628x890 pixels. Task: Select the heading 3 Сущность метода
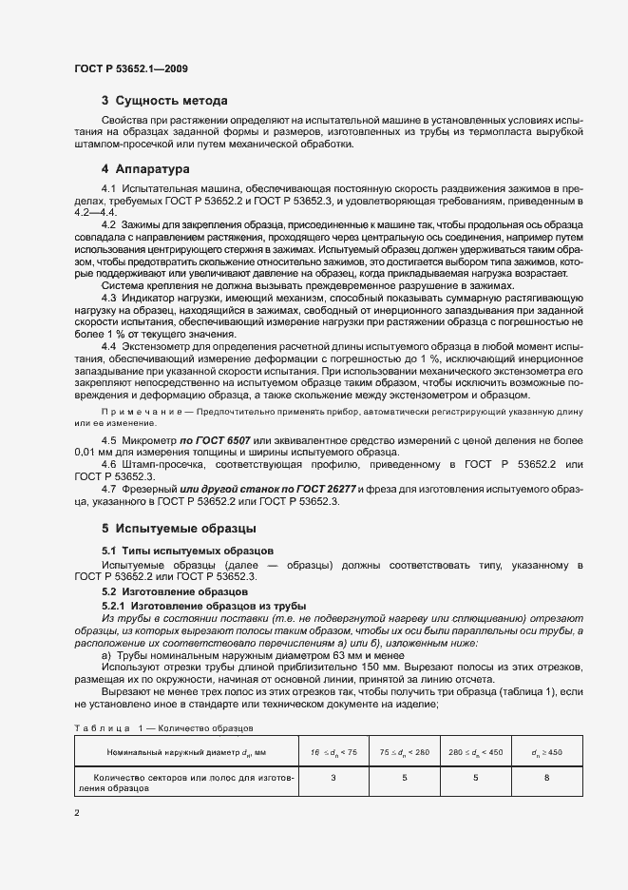click(163, 100)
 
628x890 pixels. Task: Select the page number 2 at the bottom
click(77, 812)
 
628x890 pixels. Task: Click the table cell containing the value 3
click(333, 778)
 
